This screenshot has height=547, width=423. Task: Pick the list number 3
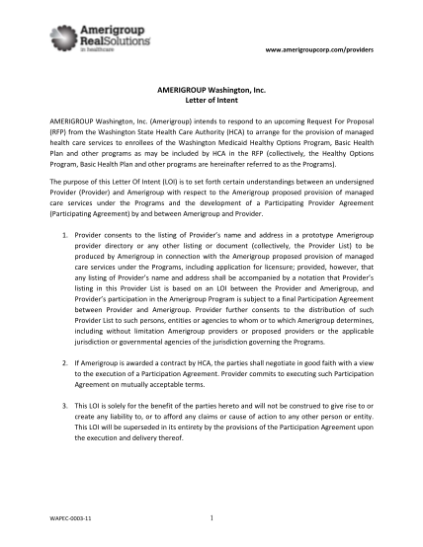[63, 406]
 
